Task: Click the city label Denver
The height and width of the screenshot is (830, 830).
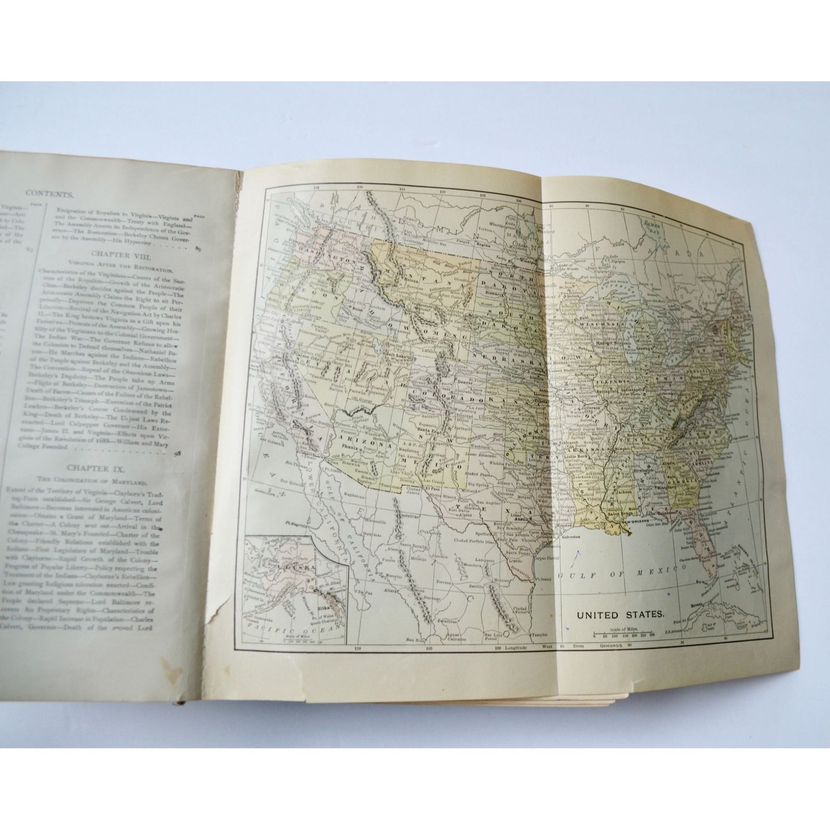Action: pyautogui.click(x=461, y=381)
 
